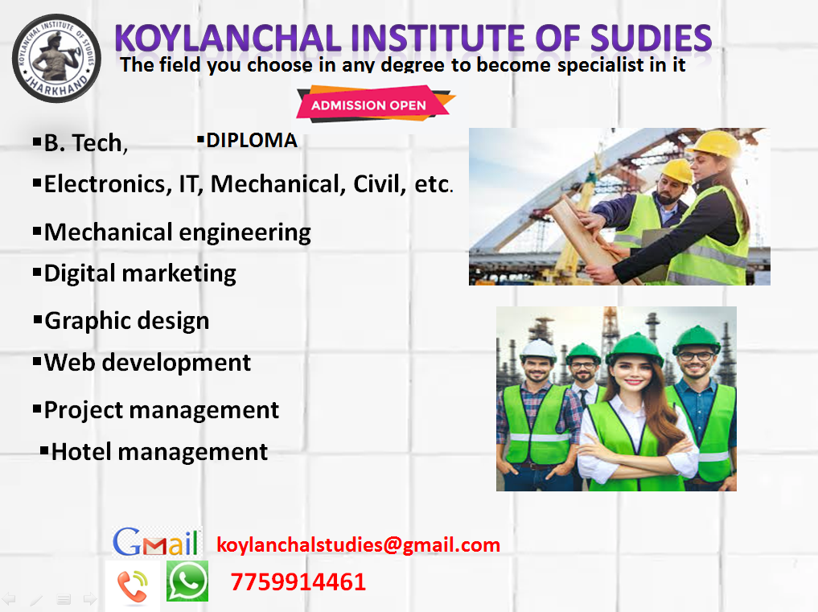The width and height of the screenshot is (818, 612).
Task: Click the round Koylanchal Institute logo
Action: click(56, 58)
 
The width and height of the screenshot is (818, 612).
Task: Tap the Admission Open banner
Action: click(375, 105)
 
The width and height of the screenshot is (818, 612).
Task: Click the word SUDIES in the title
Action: click(651, 38)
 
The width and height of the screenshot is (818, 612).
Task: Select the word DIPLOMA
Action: click(252, 141)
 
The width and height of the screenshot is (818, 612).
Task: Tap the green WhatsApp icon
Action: click(187, 581)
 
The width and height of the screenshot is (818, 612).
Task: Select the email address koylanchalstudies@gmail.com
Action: click(359, 544)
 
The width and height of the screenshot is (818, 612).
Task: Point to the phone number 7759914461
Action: click(298, 582)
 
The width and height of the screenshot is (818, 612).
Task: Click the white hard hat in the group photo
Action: click(538, 348)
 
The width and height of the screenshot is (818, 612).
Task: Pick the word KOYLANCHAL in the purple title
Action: click(228, 38)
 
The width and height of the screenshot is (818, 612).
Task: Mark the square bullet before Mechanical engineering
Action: click(36, 231)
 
